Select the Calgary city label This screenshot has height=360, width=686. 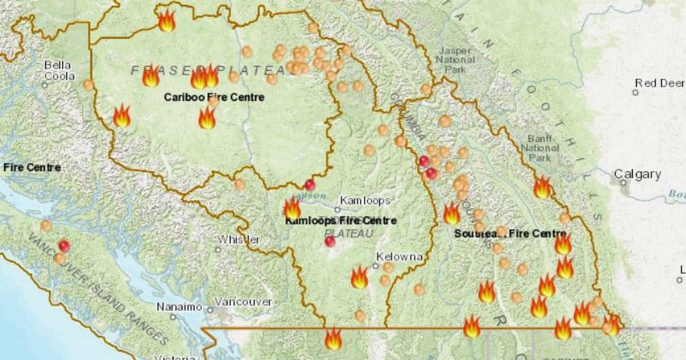(x=638, y=174)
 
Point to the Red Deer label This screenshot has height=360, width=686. (x=659, y=82)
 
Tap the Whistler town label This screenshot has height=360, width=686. (x=238, y=240)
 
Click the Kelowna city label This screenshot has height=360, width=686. (x=399, y=257)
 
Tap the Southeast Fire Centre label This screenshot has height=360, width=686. (x=510, y=233)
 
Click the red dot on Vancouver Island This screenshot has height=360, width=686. (x=64, y=245)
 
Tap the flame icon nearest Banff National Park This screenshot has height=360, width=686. (x=542, y=187)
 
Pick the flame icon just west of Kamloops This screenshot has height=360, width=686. (x=291, y=208)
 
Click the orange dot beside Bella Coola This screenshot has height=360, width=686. (x=87, y=84)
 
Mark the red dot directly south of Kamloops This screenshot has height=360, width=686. (x=329, y=241)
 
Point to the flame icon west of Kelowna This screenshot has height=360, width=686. (x=359, y=278)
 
